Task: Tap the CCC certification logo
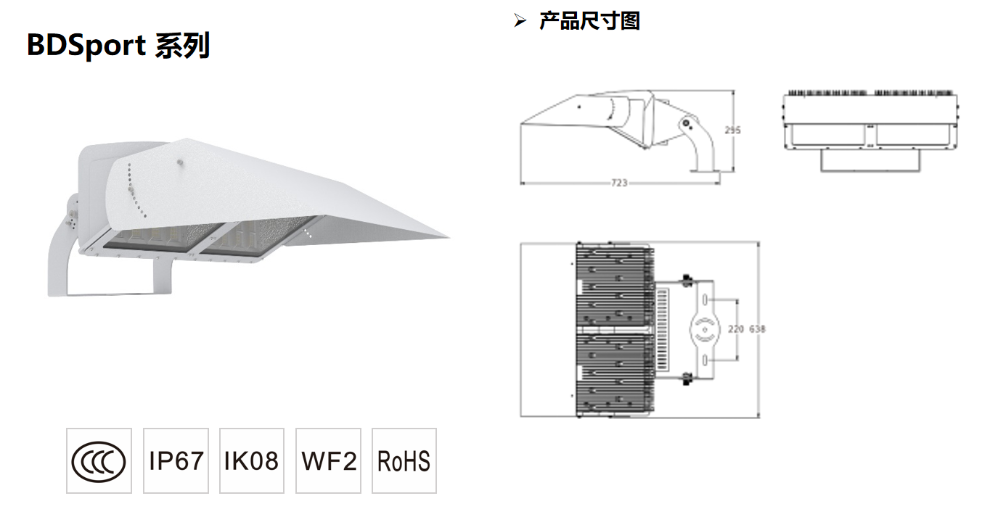(x=99, y=461)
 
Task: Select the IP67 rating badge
(x=176, y=461)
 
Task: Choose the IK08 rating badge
(x=251, y=461)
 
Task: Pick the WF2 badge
(x=329, y=461)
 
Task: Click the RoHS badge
(x=404, y=461)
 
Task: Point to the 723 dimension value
(x=618, y=183)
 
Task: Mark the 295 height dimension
(x=733, y=131)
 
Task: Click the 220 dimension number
(x=736, y=329)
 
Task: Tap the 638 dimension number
(x=757, y=329)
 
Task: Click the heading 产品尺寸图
(x=589, y=21)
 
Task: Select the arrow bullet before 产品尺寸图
(x=519, y=21)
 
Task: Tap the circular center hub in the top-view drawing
(x=703, y=329)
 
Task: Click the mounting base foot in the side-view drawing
(x=704, y=171)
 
